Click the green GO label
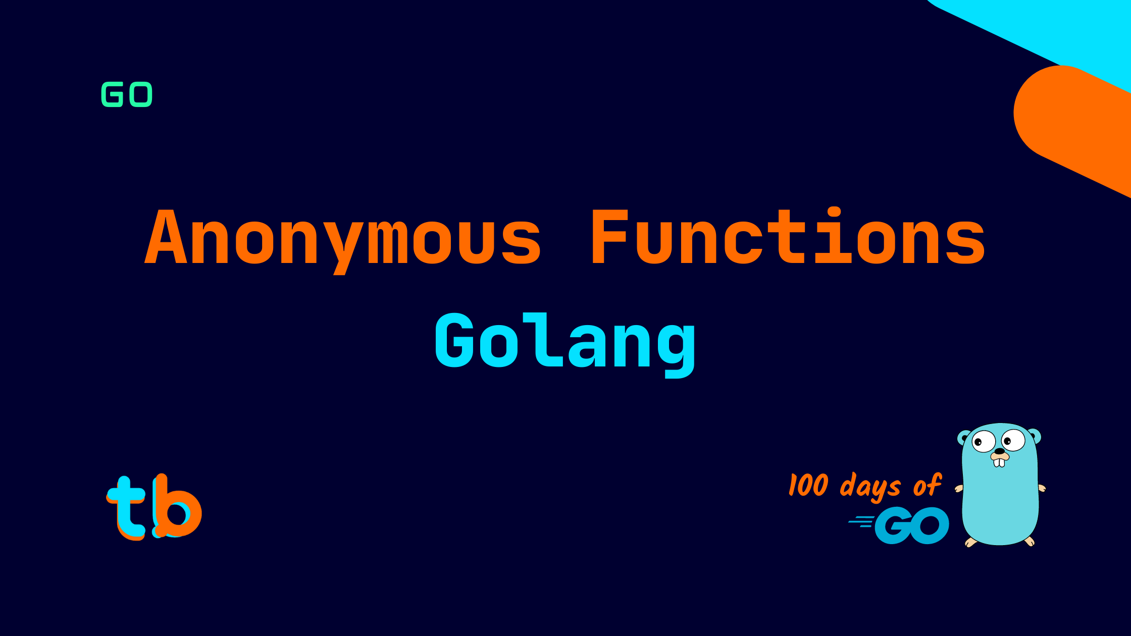pos(127,94)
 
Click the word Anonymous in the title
pos(343,237)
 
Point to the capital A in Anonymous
pos(166,236)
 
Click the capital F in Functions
pos(608,236)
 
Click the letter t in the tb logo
pos(126,507)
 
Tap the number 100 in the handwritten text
pos(808,485)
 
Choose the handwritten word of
pos(927,485)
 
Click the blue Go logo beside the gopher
pos(912,525)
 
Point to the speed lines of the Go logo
pos(861,521)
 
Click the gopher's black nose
pos(999,451)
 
